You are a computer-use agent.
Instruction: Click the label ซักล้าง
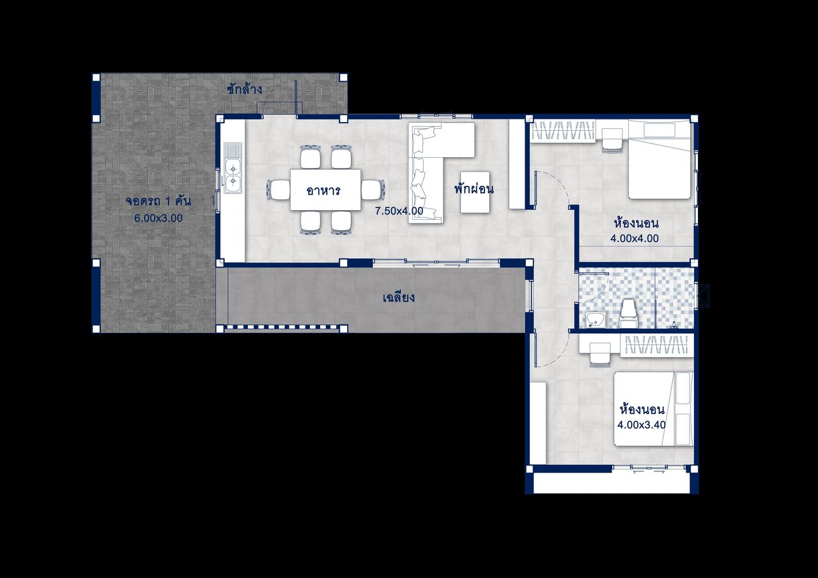pyautogui.click(x=244, y=89)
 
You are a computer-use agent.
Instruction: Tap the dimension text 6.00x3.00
pyautogui.click(x=158, y=218)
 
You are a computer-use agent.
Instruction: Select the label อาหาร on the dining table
pyautogui.click(x=323, y=190)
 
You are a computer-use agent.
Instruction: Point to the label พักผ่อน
pyautogui.click(x=474, y=188)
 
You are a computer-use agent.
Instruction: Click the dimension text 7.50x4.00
pyautogui.click(x=399, y=211)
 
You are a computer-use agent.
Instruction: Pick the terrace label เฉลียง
pyautogui.click(x=399, y=298)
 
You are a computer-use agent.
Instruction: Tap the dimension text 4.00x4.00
pyautogui.click(x=635, y=238)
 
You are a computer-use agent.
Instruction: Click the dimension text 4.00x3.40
pyautogui.click(x=642, y=425)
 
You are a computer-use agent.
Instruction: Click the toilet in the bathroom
pyautogui.click(x=629, y=313)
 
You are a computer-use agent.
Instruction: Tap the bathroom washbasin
pyautogui.click(x=596, y=320)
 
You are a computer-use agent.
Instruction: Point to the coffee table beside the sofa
pyautogui.click(x=475, y=192)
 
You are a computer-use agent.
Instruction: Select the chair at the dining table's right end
pyautogui.click(x=373, y=190)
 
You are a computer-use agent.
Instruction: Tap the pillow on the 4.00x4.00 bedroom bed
pyautogui.click(x=660, y=130)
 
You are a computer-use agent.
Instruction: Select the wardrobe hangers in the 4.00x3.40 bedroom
pyautogui.click(x=656, y=345)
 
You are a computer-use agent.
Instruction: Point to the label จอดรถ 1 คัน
pyautogui.click(x=158, y=201)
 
